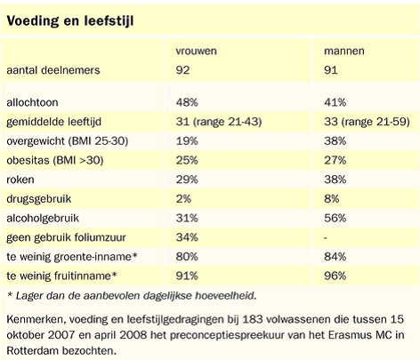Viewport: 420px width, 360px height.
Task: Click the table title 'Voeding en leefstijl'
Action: (70, 21)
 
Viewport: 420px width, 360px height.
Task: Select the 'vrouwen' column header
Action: (196, 51)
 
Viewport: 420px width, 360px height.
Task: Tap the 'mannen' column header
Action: (344, 51)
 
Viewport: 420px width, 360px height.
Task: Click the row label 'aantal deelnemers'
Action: (53, 70)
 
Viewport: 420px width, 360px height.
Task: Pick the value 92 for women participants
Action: (182, 70)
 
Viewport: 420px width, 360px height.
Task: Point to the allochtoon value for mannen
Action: (335, 102)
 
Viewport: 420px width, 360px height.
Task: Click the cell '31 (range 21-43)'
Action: (219, 122)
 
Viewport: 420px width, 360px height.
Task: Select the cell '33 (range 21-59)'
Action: (367, 122)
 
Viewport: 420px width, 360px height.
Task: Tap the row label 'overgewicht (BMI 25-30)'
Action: (68, 141)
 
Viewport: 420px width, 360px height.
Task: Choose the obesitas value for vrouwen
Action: (187, 160)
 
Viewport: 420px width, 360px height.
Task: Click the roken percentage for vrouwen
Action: (187, 180)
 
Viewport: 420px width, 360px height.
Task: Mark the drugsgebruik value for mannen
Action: (331, 199)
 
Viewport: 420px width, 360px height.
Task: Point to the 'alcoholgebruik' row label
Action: (43, 219)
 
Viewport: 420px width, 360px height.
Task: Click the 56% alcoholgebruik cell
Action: (335, 218)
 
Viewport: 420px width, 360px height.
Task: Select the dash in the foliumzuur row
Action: (326, 238)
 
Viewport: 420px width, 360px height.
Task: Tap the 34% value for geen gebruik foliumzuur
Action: (187, 237)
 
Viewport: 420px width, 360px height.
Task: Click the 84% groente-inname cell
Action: (335, 257)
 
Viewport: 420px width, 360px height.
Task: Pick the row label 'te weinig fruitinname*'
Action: (61, 276)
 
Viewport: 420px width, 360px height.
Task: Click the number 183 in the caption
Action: (253, 319)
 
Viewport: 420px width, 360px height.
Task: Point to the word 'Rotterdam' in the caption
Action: (33, 351)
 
